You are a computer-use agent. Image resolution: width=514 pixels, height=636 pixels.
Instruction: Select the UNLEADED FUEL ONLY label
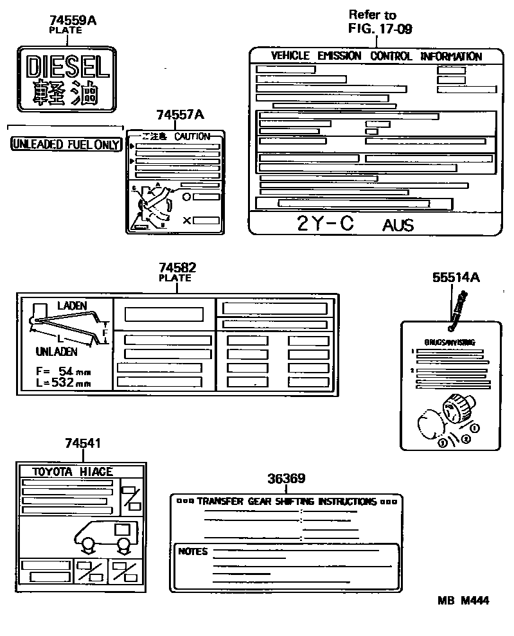[x=66, y=145]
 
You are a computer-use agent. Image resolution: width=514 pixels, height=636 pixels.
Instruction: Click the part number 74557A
[x=180, y=115]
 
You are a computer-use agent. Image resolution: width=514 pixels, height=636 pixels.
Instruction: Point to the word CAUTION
[x=192, y=136]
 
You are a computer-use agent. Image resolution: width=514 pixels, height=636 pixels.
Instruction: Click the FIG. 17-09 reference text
[x=380, y=28]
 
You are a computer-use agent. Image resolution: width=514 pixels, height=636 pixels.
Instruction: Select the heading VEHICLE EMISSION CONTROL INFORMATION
[x=376, y=56]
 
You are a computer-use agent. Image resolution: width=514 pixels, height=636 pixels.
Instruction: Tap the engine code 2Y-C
[x=326, y=224]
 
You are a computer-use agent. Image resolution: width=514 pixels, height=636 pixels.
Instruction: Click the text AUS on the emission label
[x=398, y=225]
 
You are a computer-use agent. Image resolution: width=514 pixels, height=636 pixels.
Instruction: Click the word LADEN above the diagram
[x=71, y=306]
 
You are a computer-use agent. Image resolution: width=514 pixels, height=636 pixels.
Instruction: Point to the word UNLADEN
[x=57, y=351]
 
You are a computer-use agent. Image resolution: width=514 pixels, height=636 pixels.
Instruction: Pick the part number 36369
[x=286, y=479]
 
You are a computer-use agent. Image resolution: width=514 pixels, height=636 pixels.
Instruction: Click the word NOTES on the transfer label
[x=193, y=551]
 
